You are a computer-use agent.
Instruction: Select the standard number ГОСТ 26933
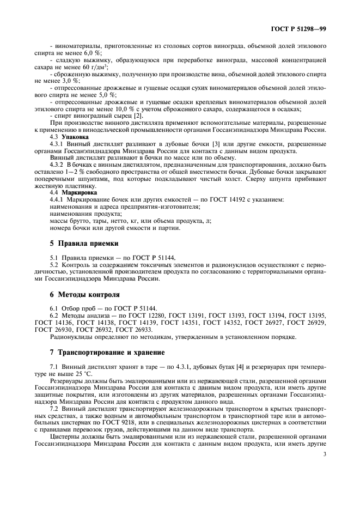pos(131,330)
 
